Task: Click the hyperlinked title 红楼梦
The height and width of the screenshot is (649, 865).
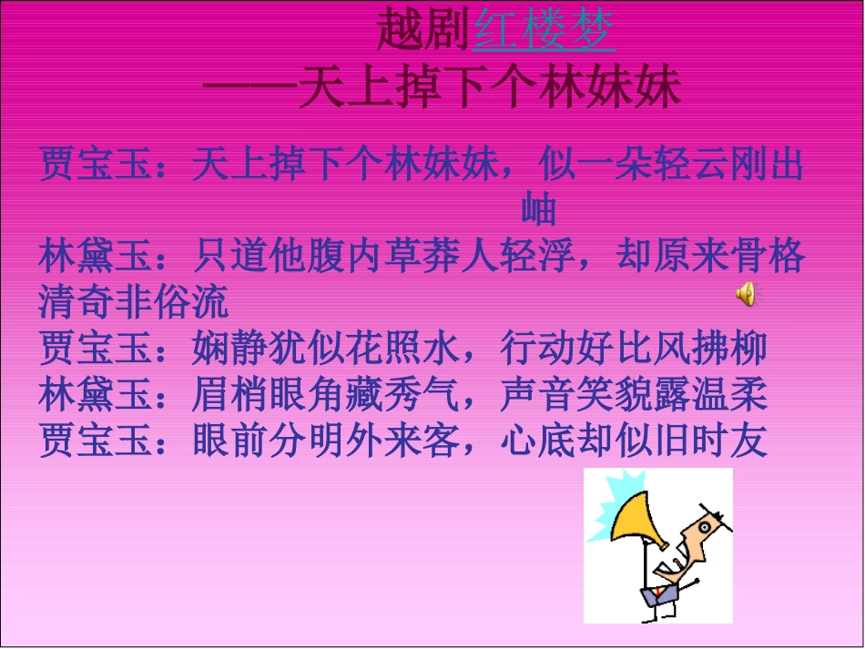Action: click(x=544, y=32)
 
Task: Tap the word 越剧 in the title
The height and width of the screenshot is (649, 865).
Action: click(x=424, y=32)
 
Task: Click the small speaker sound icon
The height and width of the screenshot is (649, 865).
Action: click(x=746, y=293)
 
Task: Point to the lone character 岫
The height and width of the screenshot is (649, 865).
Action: click(x=538, y=210)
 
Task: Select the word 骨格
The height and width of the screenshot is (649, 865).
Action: click(x=768, y=257)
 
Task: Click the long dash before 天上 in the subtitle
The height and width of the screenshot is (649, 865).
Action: click(x=248, y=88)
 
